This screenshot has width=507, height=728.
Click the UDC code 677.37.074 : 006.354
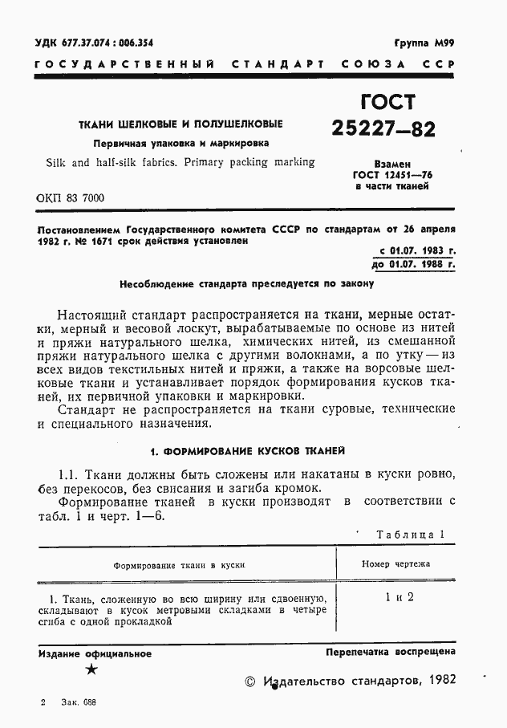coord(95,43)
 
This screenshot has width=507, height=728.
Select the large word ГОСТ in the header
coord(383,102)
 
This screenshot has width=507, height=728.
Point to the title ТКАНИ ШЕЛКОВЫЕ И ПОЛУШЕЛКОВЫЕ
coord(180,125)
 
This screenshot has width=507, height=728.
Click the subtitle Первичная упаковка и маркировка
coord(180,144)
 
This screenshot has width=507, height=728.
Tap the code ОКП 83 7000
coord(71,198)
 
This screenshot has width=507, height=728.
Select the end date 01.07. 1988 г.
coord(422,263)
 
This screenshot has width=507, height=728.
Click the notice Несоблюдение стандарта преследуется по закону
coord(247,283)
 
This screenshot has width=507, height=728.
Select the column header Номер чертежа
coord(395,564)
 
